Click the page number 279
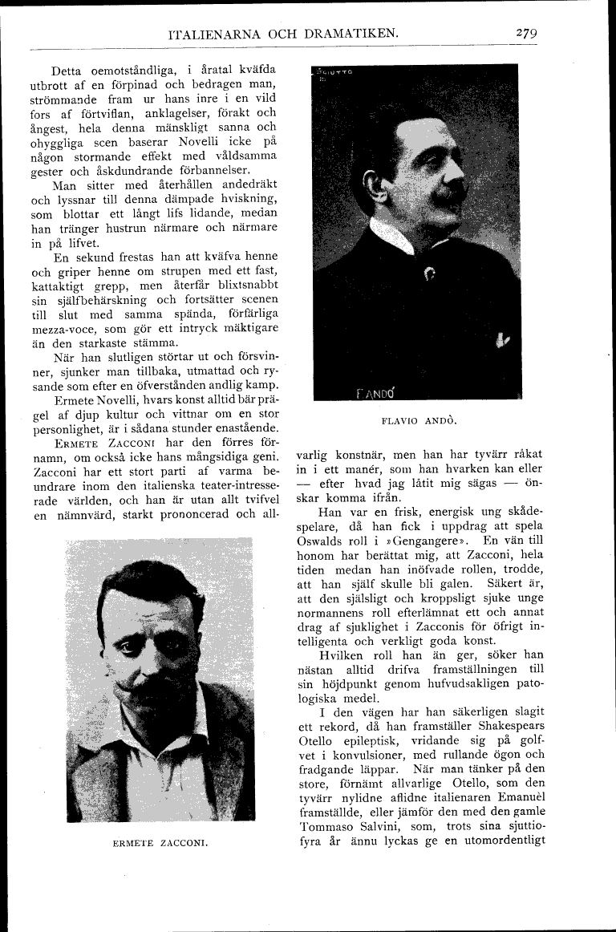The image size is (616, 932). pyautogui.click(x=526, y=33)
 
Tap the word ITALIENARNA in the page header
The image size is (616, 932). pyautogui.click(x=213, y=34)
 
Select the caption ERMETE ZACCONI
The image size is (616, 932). pyautogui.click(x=160, y=843)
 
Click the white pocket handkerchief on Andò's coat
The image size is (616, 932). pyautogui.click(x=502, y=340)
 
